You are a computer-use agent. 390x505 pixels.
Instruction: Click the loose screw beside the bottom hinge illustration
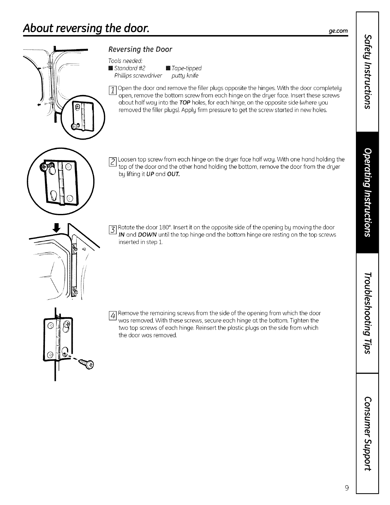tap(86, 363)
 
